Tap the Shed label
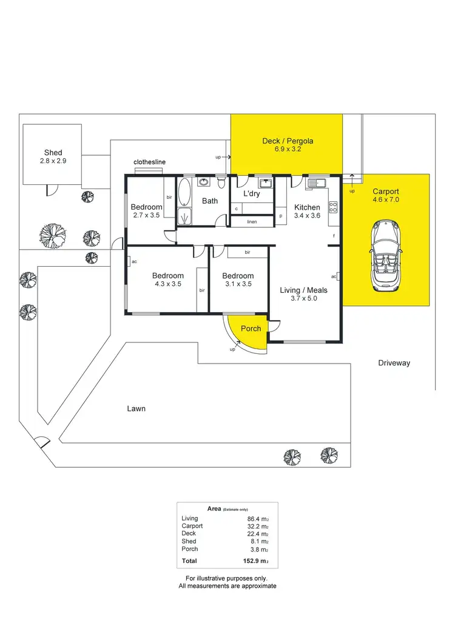tap(53, 153)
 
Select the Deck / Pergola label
tap(287, 141)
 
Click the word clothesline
tap(149, 162)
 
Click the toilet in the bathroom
tap(222, 181)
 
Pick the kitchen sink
tap(315, 182)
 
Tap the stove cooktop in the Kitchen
tap(332, 208)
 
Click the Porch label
tap(251, 328)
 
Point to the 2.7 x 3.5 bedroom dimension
tap(146, 215)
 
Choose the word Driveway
tap(394, 363)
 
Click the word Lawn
tap(136, 408)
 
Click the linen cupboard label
tap(252, 222)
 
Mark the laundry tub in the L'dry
tap(265, 182)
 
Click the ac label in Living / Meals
tap(334, 276)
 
